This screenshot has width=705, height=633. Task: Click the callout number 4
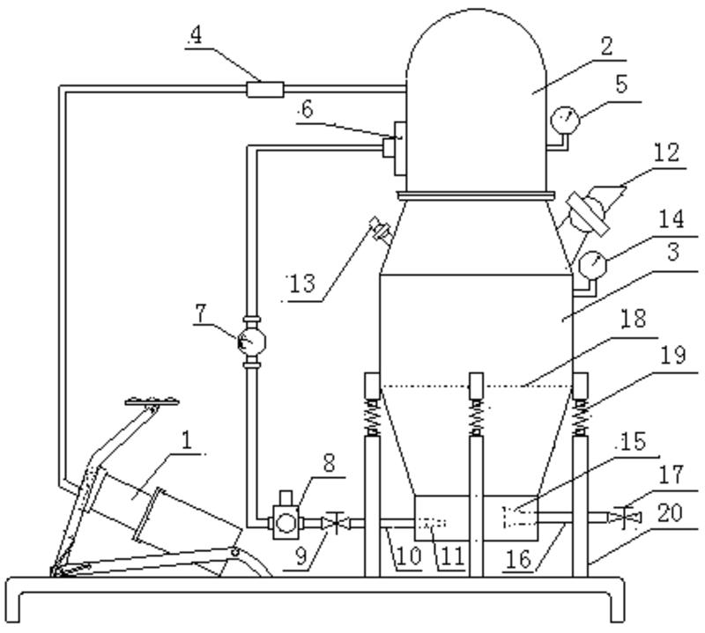point(196,35)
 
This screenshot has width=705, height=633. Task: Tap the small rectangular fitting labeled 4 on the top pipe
point(265,89)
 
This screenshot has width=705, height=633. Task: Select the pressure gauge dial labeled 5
point(565,120)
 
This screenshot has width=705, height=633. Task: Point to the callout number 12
point(667,152)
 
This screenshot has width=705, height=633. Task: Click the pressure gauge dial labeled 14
point(592,265)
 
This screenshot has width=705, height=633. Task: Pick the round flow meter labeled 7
point(251,342)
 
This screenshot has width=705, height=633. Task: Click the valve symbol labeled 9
point(336,523)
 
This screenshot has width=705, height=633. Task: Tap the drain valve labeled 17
point(624,518)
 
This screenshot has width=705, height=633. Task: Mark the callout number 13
point(302,284)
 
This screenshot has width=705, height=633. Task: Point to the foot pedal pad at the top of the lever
point(152,401)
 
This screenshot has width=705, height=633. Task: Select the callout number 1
point(187,440)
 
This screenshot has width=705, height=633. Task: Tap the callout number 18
point(633,318)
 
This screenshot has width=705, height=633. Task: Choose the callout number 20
point(670,513)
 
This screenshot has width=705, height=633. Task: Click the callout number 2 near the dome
point(606,47)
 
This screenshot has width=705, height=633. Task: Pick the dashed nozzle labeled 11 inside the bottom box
point(432,523)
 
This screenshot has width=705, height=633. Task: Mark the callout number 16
point(518,559)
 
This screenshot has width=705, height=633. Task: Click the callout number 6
point(307,110)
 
